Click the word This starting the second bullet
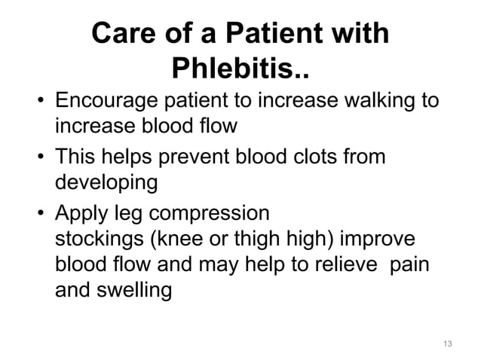click(78, 157)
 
